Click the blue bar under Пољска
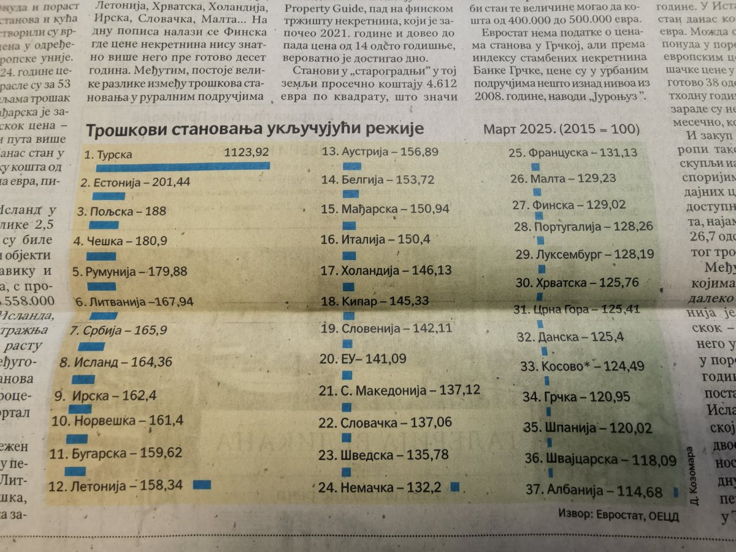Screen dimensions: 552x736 104,225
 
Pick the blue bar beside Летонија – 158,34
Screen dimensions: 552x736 202,485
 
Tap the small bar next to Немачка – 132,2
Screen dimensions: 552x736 454,487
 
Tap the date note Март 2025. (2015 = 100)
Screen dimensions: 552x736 561,130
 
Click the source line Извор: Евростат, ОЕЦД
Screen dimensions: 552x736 619,515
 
